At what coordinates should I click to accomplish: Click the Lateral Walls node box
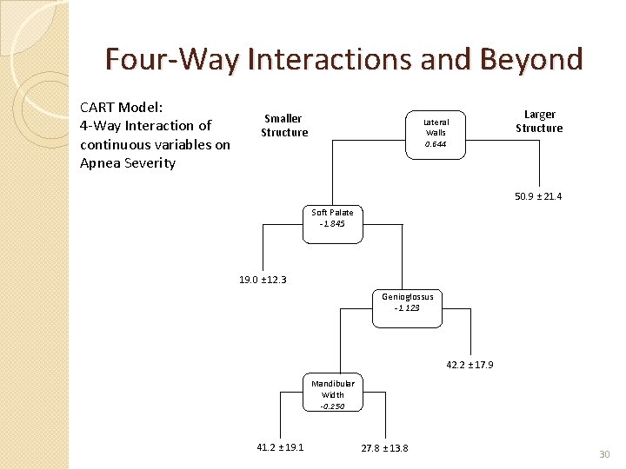click(x=436, y=133)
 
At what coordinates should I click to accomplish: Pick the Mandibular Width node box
click(x=332, y=394)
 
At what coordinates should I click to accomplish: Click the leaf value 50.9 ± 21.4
click(x=538, y=197)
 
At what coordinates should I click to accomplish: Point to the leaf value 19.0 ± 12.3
click(x=263, y=280)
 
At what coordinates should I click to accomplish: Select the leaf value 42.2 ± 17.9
click(x=469, y=365)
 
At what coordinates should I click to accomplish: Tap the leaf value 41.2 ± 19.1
click(x=280, y=446)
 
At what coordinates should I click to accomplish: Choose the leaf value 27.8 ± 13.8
click(x=384, y=447)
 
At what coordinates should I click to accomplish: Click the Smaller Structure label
click(x=284, y=125)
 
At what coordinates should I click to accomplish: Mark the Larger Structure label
click(x=539, y=121)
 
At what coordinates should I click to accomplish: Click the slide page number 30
click(x=605, y=454)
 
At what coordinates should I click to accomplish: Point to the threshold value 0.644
click(x=436, y=144)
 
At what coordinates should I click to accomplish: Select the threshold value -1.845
click(x=332, y=224)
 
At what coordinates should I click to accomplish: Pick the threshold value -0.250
click(x=332, y=406)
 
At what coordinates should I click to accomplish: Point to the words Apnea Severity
click(x=127, y=163)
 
